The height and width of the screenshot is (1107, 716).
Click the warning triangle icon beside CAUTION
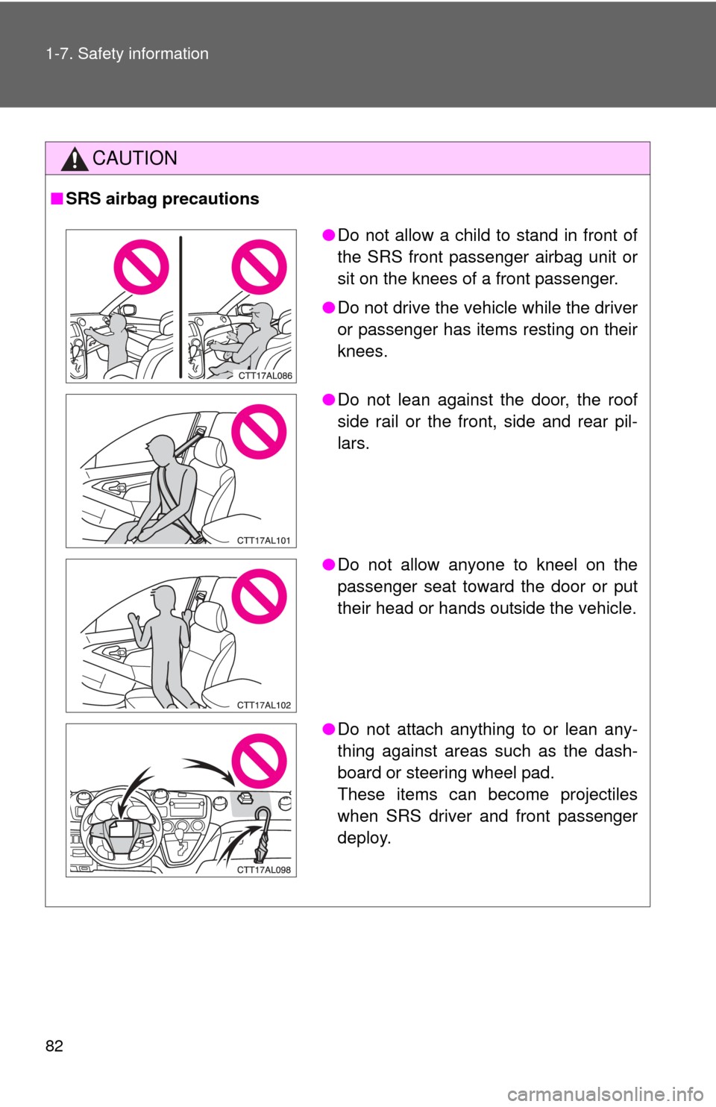click(75, 160)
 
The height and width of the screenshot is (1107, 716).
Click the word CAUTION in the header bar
click(135, 158)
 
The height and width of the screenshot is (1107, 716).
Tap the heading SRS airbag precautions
click(162, 198)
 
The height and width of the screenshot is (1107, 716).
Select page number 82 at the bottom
click(54, 1046)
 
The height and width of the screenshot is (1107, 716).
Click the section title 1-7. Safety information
click(127, 54)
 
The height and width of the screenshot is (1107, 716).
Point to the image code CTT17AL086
click(266, 376)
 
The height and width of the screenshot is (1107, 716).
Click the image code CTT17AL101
click(264, 541)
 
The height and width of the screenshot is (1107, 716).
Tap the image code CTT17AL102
click(264, 705)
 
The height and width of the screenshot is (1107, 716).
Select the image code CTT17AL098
click(264, 870)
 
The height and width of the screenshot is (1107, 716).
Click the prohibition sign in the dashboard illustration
click(260, 761)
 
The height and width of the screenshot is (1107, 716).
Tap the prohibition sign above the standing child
click(141, 267)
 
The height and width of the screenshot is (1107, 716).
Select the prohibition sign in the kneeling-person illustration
click(260, 596)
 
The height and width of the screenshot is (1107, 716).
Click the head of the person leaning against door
click(160, 451)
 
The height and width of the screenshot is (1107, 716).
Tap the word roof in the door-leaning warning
click(621, 399)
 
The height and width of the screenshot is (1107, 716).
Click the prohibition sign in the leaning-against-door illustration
click(260, 431)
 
